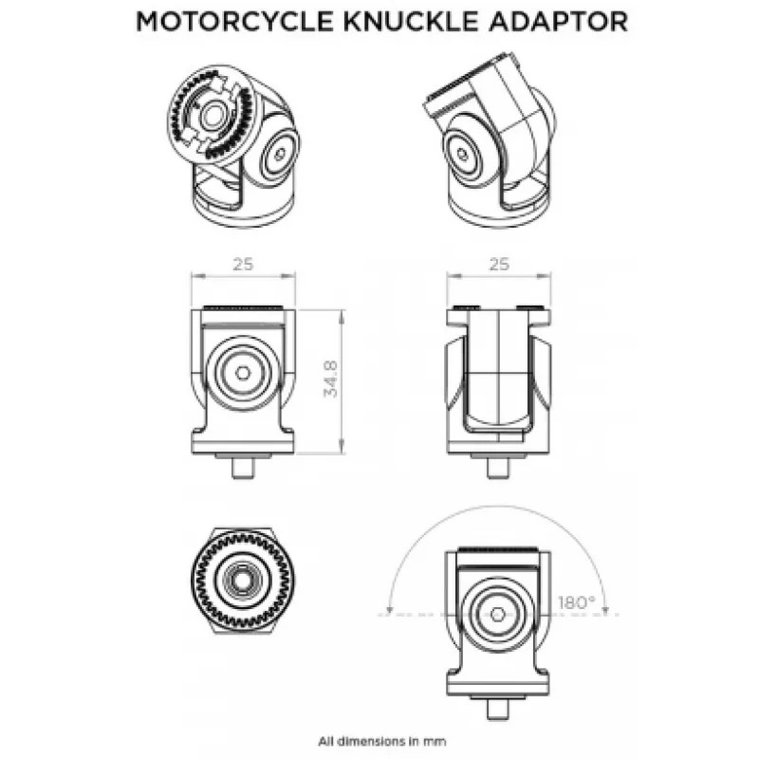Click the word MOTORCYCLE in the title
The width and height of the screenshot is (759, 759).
pos(234,22)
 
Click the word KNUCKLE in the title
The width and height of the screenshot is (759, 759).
pos(415,22)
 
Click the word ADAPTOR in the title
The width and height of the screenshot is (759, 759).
pos(559,22)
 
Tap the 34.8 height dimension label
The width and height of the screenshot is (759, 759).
pos(330,379)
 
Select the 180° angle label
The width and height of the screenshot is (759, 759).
pos(577,602)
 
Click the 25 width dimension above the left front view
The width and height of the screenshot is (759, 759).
pos(243,265)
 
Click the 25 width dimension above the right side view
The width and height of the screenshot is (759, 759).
pos(499,265)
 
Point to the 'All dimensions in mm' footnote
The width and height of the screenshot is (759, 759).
pos(382,741)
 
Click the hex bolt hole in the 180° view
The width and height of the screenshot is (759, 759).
pos(497,614)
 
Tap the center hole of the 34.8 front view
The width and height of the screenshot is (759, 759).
pos(243,373)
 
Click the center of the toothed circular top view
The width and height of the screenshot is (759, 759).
pos(243,580)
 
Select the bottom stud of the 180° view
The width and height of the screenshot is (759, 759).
pos(497,710)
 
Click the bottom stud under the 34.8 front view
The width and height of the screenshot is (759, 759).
pos(243,468)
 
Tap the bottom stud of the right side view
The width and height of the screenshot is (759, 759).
pos(498,468)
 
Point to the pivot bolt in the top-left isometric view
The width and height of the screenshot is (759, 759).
pos(280,155)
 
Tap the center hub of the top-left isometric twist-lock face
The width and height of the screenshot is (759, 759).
pos(212,117)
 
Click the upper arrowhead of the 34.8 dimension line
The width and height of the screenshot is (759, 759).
pos(342,317)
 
